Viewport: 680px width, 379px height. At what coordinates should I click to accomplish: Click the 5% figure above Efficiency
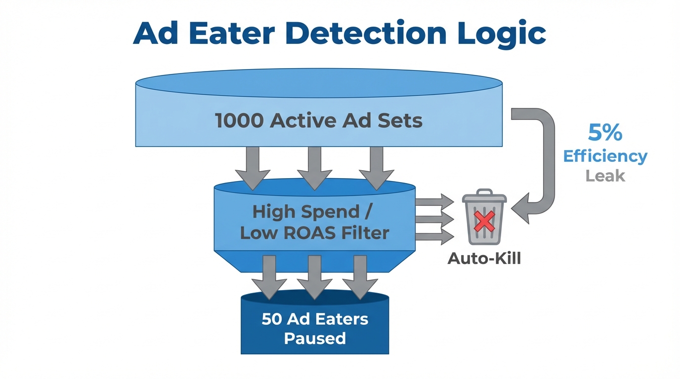click(605, 133)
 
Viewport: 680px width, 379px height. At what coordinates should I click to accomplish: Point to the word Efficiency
click(605, 156)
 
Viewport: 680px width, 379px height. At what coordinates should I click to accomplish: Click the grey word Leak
click(605, 175)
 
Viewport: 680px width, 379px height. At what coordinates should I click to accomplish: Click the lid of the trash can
click(484, 196)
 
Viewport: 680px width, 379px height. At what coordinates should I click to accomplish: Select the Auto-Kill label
click(484, 258)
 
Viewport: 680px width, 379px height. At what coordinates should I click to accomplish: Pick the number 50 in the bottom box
click(272, 319)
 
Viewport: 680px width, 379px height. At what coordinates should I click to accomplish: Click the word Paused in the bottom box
click(315, 339)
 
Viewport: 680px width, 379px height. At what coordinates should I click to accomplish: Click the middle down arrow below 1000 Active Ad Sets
click(314, 168)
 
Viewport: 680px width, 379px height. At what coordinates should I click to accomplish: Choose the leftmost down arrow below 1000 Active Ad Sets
click(253, 168)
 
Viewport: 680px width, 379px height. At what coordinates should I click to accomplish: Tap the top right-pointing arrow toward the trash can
click(435, 201)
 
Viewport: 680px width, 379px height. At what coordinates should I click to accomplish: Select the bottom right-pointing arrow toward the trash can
click(435, 237)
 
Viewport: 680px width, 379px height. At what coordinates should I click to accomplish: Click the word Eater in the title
click(230, 34)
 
